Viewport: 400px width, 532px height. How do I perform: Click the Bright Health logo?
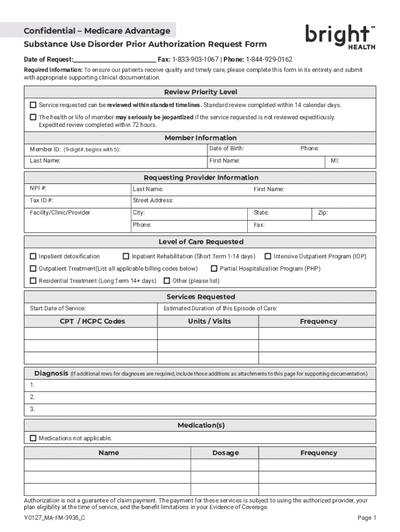[339, 36]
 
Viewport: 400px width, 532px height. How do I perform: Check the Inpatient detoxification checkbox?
[33, 256]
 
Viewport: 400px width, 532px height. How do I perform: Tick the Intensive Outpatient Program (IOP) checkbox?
[268, 256]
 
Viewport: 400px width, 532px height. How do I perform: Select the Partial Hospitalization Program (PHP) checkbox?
[214, 269]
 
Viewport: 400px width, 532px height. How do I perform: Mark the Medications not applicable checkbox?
[33, 438]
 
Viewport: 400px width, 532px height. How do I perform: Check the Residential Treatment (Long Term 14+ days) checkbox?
[33, 281]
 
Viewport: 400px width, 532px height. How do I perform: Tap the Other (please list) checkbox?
[167, 281]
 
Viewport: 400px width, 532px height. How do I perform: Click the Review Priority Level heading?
[201, 92]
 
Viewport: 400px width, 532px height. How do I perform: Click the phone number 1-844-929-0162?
[269, 59]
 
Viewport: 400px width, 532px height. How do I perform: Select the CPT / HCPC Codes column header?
[92, 321]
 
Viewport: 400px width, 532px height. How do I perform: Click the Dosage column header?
[225, 453]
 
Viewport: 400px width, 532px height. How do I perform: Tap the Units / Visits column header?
[209, 321]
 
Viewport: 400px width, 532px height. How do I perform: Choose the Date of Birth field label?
[226, 149]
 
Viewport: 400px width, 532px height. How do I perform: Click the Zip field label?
[322, 213]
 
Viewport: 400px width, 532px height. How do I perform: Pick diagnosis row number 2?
[32, 397]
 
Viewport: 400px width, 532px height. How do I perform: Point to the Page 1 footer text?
[367, 518]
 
